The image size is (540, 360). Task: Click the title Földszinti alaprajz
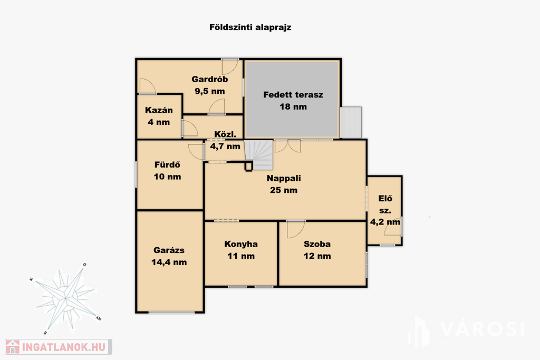click(x=250, y=27)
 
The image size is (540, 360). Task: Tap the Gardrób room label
click(x=210, y=79)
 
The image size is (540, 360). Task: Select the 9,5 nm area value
click(x=210, y=91)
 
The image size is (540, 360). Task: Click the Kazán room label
click(x=159, y=110)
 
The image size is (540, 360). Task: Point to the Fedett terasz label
click(x=293, y=95)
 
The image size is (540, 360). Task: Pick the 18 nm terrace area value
click(x=293, y=106)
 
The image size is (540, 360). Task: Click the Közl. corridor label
click(x=225, y=134)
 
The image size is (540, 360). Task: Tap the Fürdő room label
click(x=167, y=164)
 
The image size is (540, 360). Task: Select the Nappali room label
click(x=284, y=178)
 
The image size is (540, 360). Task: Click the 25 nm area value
click(x=284, y=190)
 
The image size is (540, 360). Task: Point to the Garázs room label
click(x=169, y=250)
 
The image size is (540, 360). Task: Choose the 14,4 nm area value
click(x=169, y=262)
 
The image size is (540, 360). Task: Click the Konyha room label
click(x=241, y=244)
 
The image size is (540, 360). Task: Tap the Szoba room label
click(x=317, y=244)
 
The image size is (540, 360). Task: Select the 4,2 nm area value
click(x=385, y=222)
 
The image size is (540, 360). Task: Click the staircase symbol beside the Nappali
click(x=259, y=155)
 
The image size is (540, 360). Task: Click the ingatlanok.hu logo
click(x=58, y=347)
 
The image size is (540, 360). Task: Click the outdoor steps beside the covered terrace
click(x=350, y=122)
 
